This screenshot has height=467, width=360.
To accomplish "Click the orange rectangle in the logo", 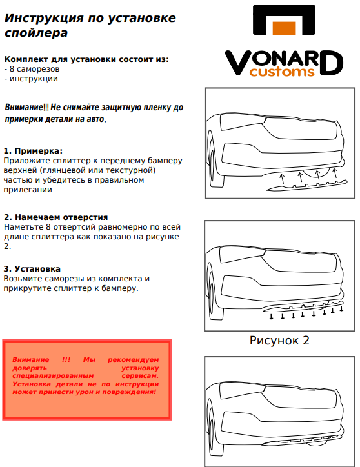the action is click(284, 28).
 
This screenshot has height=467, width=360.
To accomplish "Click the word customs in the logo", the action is click(282, 72).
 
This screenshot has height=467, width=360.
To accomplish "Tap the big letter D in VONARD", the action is click(332, 63).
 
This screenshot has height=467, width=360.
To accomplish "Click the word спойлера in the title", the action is click(36, 32).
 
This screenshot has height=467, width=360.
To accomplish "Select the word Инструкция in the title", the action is click(44, 18).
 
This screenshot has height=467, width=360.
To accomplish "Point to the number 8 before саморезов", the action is click(12, 69).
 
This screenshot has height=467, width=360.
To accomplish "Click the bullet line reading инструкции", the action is click(31, 79).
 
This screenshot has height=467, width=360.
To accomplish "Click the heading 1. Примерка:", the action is click(33, 151).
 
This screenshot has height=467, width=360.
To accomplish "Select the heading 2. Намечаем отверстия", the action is click(55, 217).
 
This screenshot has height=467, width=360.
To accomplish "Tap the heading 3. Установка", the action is click(32, 268).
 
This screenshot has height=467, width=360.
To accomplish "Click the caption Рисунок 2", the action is click(279, 340).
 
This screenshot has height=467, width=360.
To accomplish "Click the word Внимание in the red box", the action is click(31, 359).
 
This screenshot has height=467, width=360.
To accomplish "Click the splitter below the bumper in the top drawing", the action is click(307, 184).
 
